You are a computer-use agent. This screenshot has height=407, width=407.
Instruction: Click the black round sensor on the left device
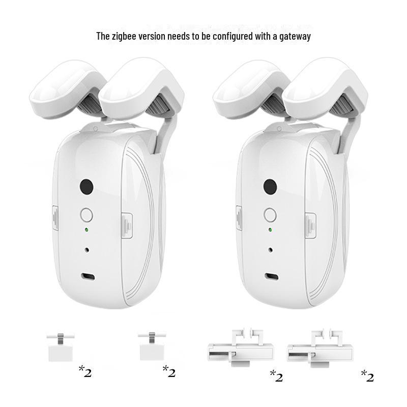(86, 187)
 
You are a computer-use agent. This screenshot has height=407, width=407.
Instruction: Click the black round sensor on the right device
(270, 187)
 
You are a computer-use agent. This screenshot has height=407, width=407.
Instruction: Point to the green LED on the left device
(86, 230)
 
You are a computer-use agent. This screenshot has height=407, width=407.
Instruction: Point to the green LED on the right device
(270, 230)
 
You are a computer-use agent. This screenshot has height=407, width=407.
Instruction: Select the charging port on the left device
(88, 277)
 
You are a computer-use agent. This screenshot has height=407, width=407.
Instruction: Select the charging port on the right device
(272, 277)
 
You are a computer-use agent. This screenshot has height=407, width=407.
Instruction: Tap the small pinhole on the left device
(87, 250)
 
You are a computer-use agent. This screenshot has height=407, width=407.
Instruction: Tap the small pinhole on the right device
(271, 250)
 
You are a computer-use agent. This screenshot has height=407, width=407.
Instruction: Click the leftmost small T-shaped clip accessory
(61, 347)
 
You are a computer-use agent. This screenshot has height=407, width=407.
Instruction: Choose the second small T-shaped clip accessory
(152, 346)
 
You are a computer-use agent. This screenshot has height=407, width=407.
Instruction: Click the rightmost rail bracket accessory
(321, 348)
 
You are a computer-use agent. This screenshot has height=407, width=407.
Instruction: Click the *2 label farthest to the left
(85, 371)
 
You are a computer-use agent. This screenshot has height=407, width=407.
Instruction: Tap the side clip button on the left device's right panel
(127, 225)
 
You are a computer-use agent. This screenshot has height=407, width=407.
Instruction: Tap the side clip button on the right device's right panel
(311, 225)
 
